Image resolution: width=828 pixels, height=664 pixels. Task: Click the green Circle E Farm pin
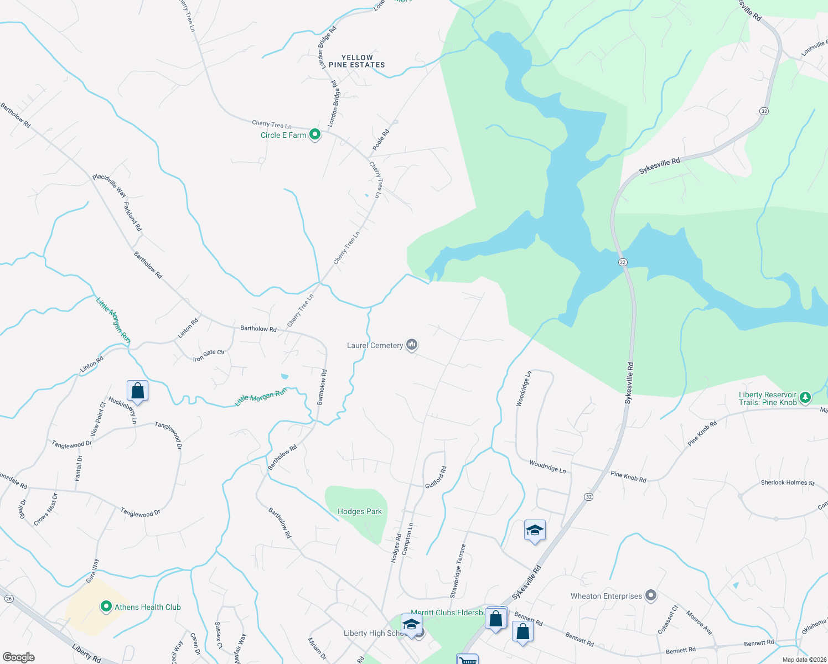tap(315, 134)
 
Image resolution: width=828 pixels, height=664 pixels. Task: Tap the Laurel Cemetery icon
tap(411, 345)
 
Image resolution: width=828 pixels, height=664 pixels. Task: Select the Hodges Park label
tap(360, 512)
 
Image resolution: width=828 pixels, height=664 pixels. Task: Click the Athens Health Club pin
tap(106, 607)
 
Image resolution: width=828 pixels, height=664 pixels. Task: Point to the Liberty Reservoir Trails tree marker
tap(805, 397)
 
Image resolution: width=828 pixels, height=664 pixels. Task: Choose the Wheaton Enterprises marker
tap(651, 596)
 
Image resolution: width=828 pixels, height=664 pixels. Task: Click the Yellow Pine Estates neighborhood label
tap(357, 61)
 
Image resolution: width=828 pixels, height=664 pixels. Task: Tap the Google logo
tap(19, 657)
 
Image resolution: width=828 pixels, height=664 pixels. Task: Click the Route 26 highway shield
tap(9, 599)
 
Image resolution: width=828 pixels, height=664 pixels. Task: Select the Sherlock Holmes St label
tap(788, 483)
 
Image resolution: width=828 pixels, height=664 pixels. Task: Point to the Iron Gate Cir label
tap(209, 355)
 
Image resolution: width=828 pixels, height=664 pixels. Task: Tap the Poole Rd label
tap(381, 140)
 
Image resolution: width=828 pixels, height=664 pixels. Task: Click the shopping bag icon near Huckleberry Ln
tap(137, 391)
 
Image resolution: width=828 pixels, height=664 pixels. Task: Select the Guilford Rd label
tap(436, 478)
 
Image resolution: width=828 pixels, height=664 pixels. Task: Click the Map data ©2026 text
tap(804, 660)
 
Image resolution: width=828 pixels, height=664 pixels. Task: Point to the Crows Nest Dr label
tap(45, 510)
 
